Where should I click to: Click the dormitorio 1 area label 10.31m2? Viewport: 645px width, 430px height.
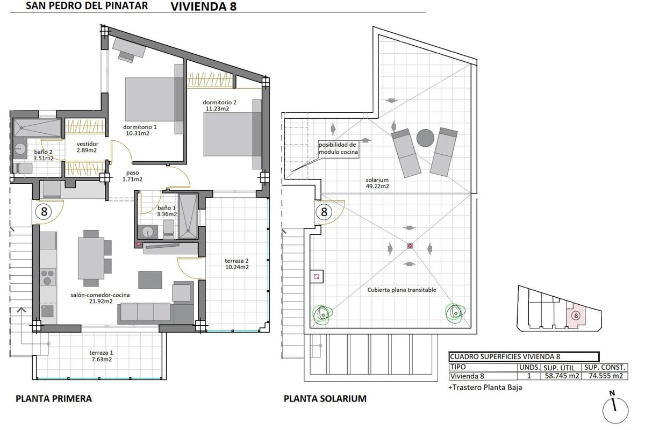(138, 133)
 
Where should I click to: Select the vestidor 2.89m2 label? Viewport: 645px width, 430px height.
(87, 147)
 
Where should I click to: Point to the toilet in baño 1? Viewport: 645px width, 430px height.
(168, 229)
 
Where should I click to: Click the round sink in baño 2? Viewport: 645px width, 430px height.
(19, 149)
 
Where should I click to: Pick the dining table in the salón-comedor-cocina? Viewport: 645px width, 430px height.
(91, 258)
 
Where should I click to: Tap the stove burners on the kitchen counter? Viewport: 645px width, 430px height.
(47, 277)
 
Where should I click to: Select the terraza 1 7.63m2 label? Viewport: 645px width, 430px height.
(101, 356)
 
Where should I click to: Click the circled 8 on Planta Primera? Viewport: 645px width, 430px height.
(44, 212)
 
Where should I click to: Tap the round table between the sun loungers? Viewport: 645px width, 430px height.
(425, 138)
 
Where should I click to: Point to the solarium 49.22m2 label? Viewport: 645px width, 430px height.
(377, 183)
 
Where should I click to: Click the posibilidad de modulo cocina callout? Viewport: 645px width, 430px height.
(338, 148)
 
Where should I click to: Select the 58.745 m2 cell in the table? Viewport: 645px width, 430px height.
(562, 376)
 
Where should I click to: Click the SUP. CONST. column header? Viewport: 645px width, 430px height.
(605, 367)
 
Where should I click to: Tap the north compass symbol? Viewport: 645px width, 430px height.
(615, 408)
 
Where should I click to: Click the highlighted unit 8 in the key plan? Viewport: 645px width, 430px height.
(576, 316)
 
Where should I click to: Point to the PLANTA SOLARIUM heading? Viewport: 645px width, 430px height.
(325, 399)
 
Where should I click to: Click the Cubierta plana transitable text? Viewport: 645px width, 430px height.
(402, 290)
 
